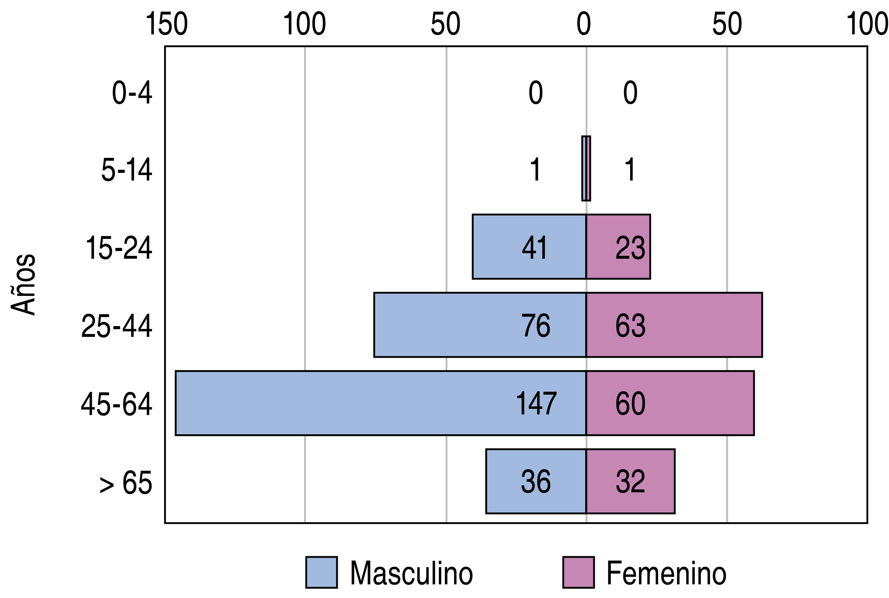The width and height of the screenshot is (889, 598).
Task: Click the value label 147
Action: [x=536, y=404]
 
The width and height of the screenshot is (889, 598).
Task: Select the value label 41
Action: [x=535, y=248]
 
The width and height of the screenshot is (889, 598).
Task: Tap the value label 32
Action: [x=630, y=482]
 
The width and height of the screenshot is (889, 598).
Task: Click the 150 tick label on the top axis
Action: [x=167, y=24]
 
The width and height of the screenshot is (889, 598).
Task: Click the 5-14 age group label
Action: [x=127, y=170]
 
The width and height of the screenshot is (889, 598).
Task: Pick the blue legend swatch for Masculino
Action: [x=321, y=572]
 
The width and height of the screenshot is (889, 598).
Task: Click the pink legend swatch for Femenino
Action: [x=579, y=572]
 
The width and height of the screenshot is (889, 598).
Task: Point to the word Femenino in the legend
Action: [x=666, y=573]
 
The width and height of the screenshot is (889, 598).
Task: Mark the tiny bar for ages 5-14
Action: [x=586, y=168]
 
